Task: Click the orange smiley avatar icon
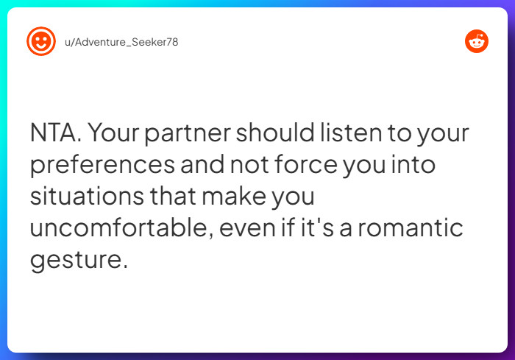tap(41, 41)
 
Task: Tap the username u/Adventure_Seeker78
tap(121, 42)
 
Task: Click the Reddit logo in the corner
tap(477, 41)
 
